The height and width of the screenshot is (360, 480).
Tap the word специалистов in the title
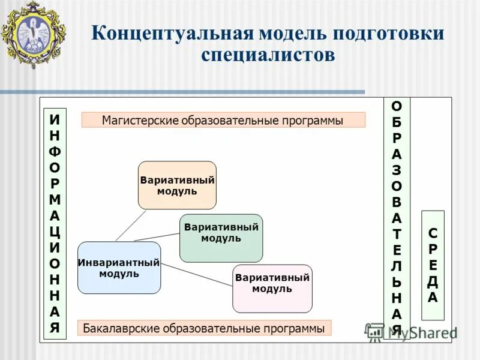[268, 56]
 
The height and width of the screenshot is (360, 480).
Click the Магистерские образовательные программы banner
[223, 120]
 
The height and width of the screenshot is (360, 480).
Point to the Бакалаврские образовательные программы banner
[204, 328]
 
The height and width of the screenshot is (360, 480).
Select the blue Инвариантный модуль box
[119, 268]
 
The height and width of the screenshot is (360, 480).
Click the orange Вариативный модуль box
[177, 185]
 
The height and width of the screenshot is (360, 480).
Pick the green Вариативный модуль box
[221, 238]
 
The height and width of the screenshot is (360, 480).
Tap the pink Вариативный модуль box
[272, 289]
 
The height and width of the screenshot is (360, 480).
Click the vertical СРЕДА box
[433, 265]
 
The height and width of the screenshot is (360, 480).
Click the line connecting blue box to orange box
[131, 225]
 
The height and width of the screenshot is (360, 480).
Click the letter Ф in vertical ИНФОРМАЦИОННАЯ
[55, 150]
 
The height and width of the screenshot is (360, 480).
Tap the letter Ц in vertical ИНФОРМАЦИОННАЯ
[55, 231]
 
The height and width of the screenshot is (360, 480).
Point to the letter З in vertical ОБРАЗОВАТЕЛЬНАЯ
[397, 170]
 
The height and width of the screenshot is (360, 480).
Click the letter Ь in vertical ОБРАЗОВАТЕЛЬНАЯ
[397, 281]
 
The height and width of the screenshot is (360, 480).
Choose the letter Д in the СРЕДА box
[433, 281]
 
